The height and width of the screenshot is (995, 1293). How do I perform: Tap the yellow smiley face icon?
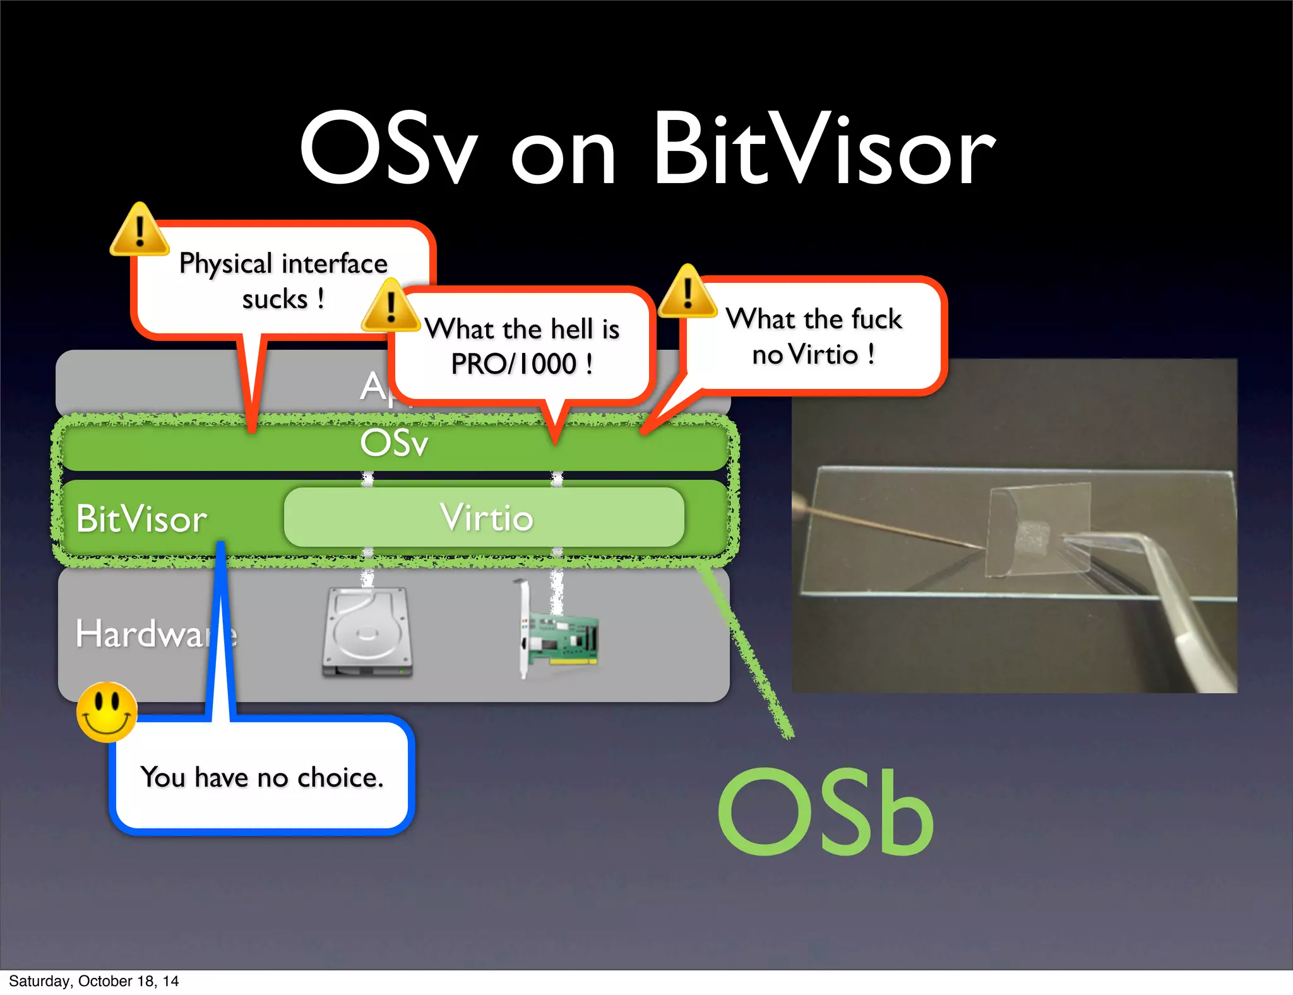(107, 712)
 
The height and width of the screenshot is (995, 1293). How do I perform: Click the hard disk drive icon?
(367, 633)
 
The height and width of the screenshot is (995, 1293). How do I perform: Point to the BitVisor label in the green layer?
(141, 519)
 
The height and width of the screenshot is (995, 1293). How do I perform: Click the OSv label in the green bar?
(394, 443)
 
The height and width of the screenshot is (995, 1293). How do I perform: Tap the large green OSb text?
(826, 813)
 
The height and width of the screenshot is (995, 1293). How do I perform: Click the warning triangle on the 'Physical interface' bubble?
(140, 232)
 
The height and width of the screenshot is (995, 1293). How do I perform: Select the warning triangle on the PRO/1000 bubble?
(390, 307)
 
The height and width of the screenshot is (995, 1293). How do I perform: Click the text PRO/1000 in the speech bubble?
(513, 364)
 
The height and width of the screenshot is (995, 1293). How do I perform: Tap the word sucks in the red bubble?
(275, 299)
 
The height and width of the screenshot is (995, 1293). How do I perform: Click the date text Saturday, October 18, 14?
(93, 981)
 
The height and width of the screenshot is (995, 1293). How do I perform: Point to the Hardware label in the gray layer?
(155, 633)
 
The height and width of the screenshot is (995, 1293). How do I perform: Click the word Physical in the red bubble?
(225, 264)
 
